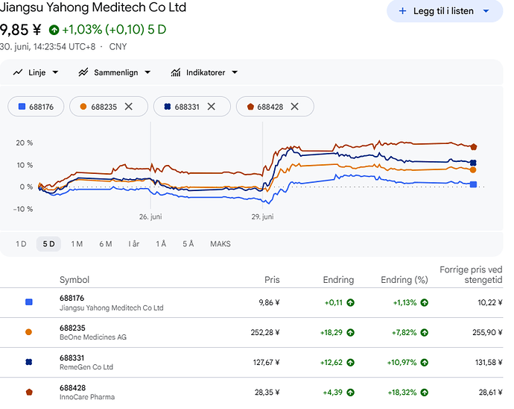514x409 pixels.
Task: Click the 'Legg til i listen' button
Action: [445, 11]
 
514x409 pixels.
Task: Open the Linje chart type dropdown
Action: [36, 72]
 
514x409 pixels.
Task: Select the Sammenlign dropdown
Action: [115, 72]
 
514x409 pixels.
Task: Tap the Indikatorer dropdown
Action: [204, 72]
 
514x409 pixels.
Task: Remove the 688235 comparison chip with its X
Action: [128, 107]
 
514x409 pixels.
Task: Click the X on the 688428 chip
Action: [295, 107]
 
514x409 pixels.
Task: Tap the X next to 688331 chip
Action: [212, 107]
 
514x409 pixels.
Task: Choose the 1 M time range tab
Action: [77, 244]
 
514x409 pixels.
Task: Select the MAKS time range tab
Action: [220, 244]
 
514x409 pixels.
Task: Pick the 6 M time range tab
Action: [106, 244]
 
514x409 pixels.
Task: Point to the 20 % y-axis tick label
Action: [25, 143]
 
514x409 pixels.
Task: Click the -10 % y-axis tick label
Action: [23, 209]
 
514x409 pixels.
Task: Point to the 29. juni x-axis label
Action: [262, 217]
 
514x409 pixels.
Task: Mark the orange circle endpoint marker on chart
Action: [473, 170]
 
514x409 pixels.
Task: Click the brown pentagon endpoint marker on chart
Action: [473, 147]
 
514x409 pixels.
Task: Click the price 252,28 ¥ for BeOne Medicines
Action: [265, 332]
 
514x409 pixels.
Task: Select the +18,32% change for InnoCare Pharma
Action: [402, 393]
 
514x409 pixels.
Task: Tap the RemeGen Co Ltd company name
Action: [86, 367]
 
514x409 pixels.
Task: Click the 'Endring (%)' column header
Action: [404, 280]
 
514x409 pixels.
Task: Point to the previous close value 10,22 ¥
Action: [489, 302]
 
